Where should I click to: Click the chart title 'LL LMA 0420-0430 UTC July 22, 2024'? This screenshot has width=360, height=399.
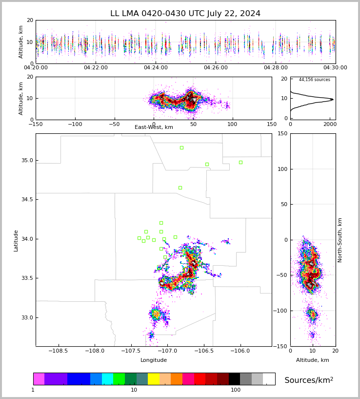pyautogui.click(x=185, y=14)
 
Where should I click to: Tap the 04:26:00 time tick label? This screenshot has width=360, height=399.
pyautogui.click(x=216, y=68)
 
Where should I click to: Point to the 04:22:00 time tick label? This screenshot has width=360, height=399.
pyautogui.click(x=96, y=68)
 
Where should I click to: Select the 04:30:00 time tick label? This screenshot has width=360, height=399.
pyautogui.click(x=335, y=68)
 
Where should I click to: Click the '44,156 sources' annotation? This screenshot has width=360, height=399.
pyautogui.click(x=314, y=80)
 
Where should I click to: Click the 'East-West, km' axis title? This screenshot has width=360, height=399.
pyautogui.click(x=154, y=127)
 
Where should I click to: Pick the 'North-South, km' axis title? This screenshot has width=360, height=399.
pyautogui.click(x=340, y=240)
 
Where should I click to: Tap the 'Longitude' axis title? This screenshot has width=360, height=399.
pyautogui.click(x=154, y=360)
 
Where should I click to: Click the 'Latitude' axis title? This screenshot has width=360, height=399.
pyautogui.click(x=16, y=240)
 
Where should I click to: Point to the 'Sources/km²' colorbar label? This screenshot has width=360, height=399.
pyautogui.click(x=309, y=380)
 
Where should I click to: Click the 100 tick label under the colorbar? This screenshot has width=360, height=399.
pyautogui.click(x=236, y=390)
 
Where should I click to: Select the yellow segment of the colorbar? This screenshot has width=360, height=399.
pyautogui.click(x=154, y=379)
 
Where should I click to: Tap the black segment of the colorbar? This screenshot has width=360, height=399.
pyautogui.click(x=235, y=379)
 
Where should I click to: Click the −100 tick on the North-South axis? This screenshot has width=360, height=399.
pyautogui.click(x=281, y=311)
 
